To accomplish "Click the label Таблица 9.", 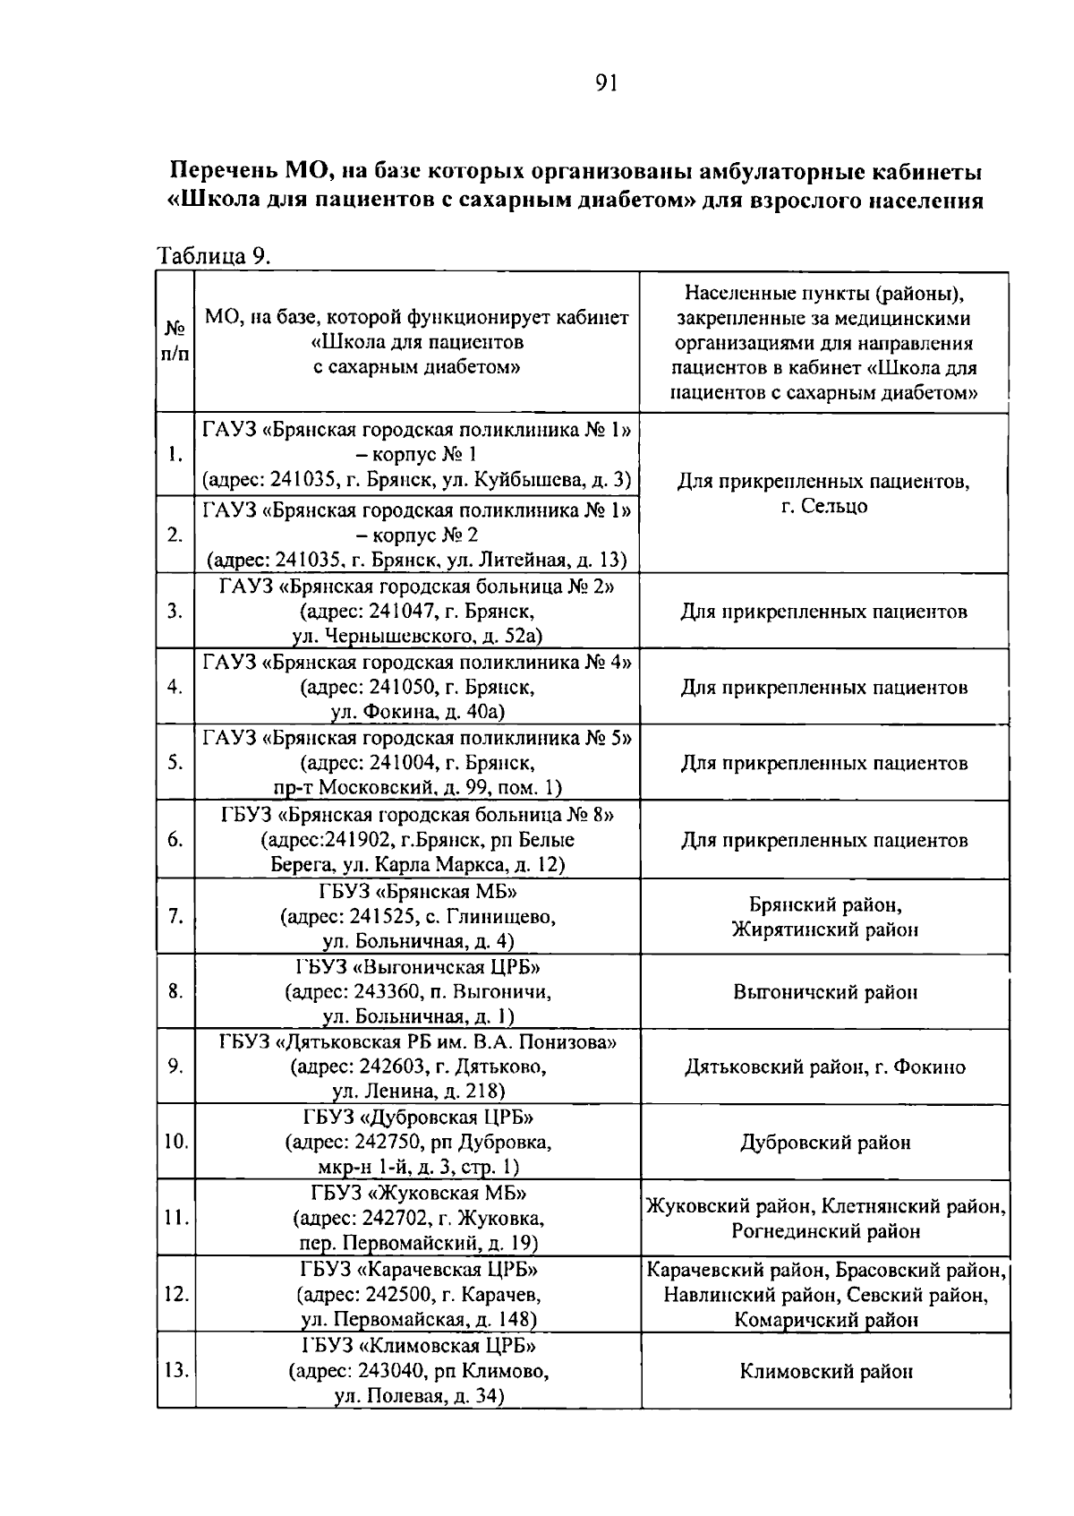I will (213, 256).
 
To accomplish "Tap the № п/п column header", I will (175, 341).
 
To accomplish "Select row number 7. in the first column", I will (175, 916).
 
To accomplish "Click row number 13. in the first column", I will (175, 1370).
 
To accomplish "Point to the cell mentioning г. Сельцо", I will (823, 507).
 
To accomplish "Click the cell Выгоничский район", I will (824, 992).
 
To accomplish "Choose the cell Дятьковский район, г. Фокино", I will (824, 1066).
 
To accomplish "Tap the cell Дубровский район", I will (824, 1143).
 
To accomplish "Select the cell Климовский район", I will (824, 1371).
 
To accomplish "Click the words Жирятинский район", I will (824, 929).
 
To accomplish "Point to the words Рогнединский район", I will (824, 1231).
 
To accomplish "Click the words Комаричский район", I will (824, 1319).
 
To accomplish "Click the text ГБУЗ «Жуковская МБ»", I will (418, 1193).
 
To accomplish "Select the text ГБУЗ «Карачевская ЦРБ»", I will (418, 1270).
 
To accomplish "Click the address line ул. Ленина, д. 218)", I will (418, 1091).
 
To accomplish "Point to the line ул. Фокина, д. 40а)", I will (418, 712).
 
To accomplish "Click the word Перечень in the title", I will (223, 170).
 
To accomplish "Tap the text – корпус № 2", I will (418, 535).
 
